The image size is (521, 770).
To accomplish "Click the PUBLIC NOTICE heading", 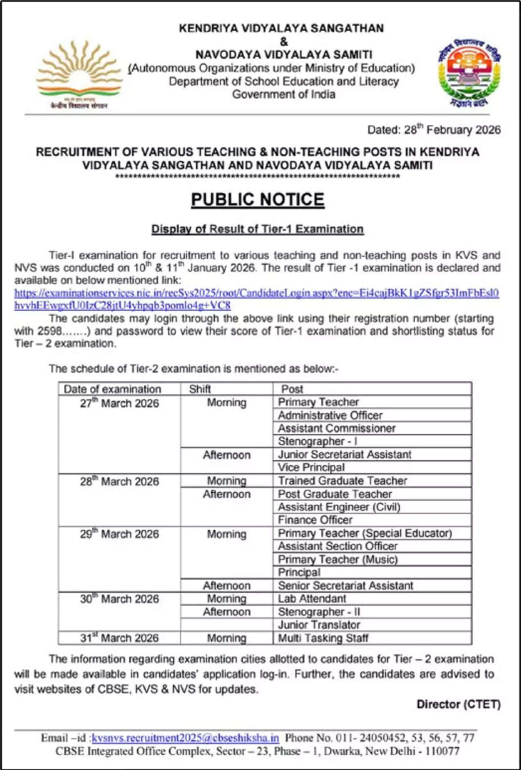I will point(257,200).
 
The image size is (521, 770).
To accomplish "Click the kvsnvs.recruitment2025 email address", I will point(185,738).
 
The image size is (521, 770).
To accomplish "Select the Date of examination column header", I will point(112,389).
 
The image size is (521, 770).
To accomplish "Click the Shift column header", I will point(200,389).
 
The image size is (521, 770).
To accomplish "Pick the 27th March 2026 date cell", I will point(119,403).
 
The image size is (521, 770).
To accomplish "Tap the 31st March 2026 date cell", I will point(119,638).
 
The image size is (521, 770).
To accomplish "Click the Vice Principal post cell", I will point(311,467).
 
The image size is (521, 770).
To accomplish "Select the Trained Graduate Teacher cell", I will point(342,480).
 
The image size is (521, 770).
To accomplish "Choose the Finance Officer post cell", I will point(315,520).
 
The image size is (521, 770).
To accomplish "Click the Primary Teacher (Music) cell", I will point(338,559).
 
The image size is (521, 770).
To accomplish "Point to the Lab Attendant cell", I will point(312,599).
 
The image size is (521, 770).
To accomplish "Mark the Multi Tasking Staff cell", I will point(323,638).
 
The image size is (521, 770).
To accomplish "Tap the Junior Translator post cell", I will point(319,625).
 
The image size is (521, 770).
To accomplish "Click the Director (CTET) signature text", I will point(458,704).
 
